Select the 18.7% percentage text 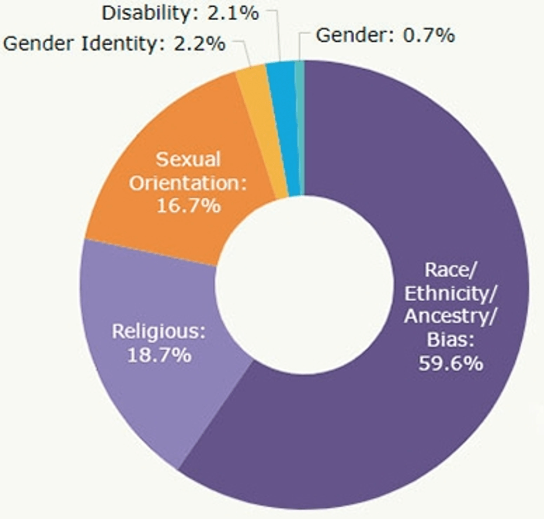159,355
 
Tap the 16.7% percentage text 188,206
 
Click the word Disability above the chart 144,13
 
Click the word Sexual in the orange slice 188,159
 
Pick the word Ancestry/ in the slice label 450,316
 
